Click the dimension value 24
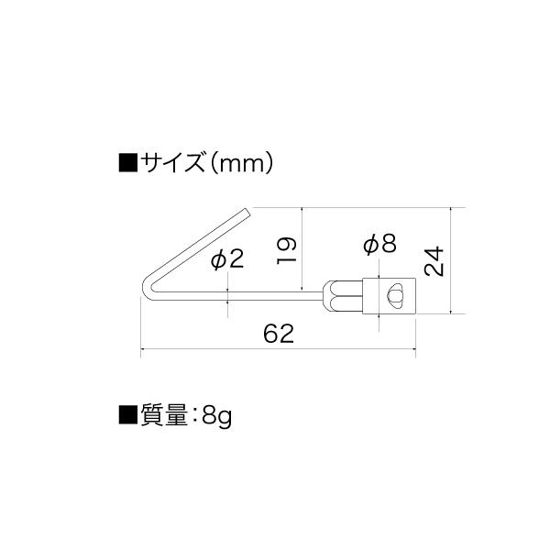click(435, 261)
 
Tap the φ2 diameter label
click(226, 259)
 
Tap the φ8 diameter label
click(379, 244)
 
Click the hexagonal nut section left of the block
click(342, 296)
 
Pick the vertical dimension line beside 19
click(302, 250)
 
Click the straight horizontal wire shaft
click(238, 295)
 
